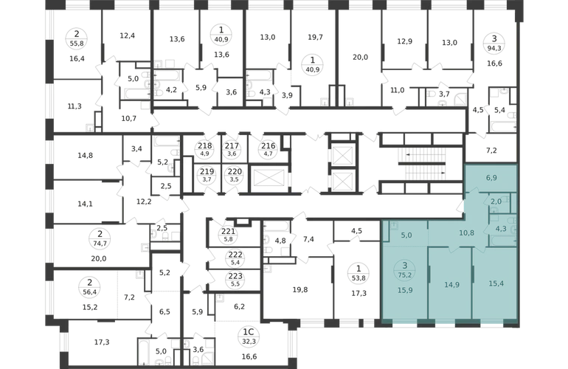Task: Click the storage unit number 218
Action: pos(204,145)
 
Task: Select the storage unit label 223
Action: pos(235,277)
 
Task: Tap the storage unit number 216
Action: pos(269,145)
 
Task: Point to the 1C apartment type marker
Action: pos(250,332)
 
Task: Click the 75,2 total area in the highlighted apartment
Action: pos(405,275)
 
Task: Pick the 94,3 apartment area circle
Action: pos(494,42)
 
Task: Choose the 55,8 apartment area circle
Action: pos(77,38)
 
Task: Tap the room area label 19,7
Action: pos(315,37)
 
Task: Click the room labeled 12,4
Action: pos(127,35)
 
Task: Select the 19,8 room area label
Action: pos(300,289)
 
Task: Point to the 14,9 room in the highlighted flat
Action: pos(451,285)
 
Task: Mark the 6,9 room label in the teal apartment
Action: pos(491,178)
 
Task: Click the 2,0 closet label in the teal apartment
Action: pos(496,201)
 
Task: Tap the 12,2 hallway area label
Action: pos(144,201)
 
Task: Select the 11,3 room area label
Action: pos(75,106)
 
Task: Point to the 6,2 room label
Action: pos(240,306)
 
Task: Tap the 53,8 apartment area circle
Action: pos(359,273)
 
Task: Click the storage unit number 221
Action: pos(229,231)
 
